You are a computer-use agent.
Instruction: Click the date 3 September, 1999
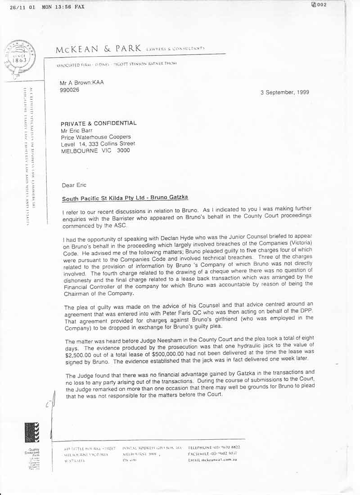[284, 92]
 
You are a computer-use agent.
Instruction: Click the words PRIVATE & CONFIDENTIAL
[99, 123]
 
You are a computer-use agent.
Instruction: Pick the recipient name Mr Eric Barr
[79, 130]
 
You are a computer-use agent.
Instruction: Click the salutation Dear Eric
[74, 184]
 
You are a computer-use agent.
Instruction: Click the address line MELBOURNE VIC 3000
[95, 151]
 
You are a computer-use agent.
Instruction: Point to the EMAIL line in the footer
[212, 460]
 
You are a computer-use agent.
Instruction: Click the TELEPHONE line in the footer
[214, 447]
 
